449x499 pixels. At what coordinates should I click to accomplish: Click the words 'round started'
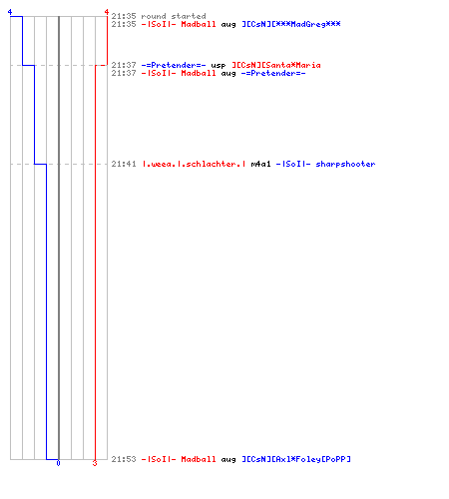pyautogui.click(x=174, y=16)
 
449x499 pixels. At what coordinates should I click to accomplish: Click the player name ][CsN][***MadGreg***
pyautogui.click(x=291, y=24)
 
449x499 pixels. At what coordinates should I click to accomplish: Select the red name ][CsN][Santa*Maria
pyautogui.click(x=276, y=65)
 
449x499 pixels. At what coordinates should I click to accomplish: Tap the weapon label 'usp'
pyautogui.click(x=219, y=66)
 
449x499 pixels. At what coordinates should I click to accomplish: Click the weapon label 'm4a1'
pyautogui.click(x=260, y=164)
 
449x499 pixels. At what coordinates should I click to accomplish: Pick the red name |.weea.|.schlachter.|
pyautogui.click(x=194, y=164)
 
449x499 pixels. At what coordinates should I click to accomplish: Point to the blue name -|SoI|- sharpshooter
pyautogui.click(x=325, y=164)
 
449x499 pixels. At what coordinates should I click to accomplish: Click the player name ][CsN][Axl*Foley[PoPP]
pyautogui.click(x=296, y=459)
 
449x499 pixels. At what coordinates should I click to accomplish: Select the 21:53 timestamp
pyautogui.click(x=124, y=459)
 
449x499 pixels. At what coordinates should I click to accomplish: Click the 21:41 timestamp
pyautogui.click(x=124, y=164)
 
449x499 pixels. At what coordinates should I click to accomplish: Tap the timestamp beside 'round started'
pyautogui.click(x=124, y=16)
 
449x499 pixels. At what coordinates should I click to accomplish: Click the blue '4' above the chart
pyautogui.click(x=10, y=12)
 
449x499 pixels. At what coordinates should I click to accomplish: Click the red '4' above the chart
pyautogui.click(x=107, y=12)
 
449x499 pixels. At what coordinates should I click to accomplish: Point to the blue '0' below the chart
pyautogui.click(x=58, y=463)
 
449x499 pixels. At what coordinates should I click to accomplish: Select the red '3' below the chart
pyautogui.click(x=95, y=463)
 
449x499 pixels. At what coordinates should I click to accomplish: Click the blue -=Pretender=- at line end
pyautogui.click(x=273, y=73)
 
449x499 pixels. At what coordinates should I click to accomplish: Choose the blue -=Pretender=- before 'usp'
pyautogui.click(x=174, y=65)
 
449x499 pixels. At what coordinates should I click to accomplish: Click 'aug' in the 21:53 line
pyautogui.click(x=228, y=460)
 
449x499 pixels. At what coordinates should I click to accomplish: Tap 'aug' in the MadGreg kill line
pyautogui.click(x=228, y=25)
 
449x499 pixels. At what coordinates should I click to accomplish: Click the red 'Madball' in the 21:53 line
pyautogui.click(x=199, y=459)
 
